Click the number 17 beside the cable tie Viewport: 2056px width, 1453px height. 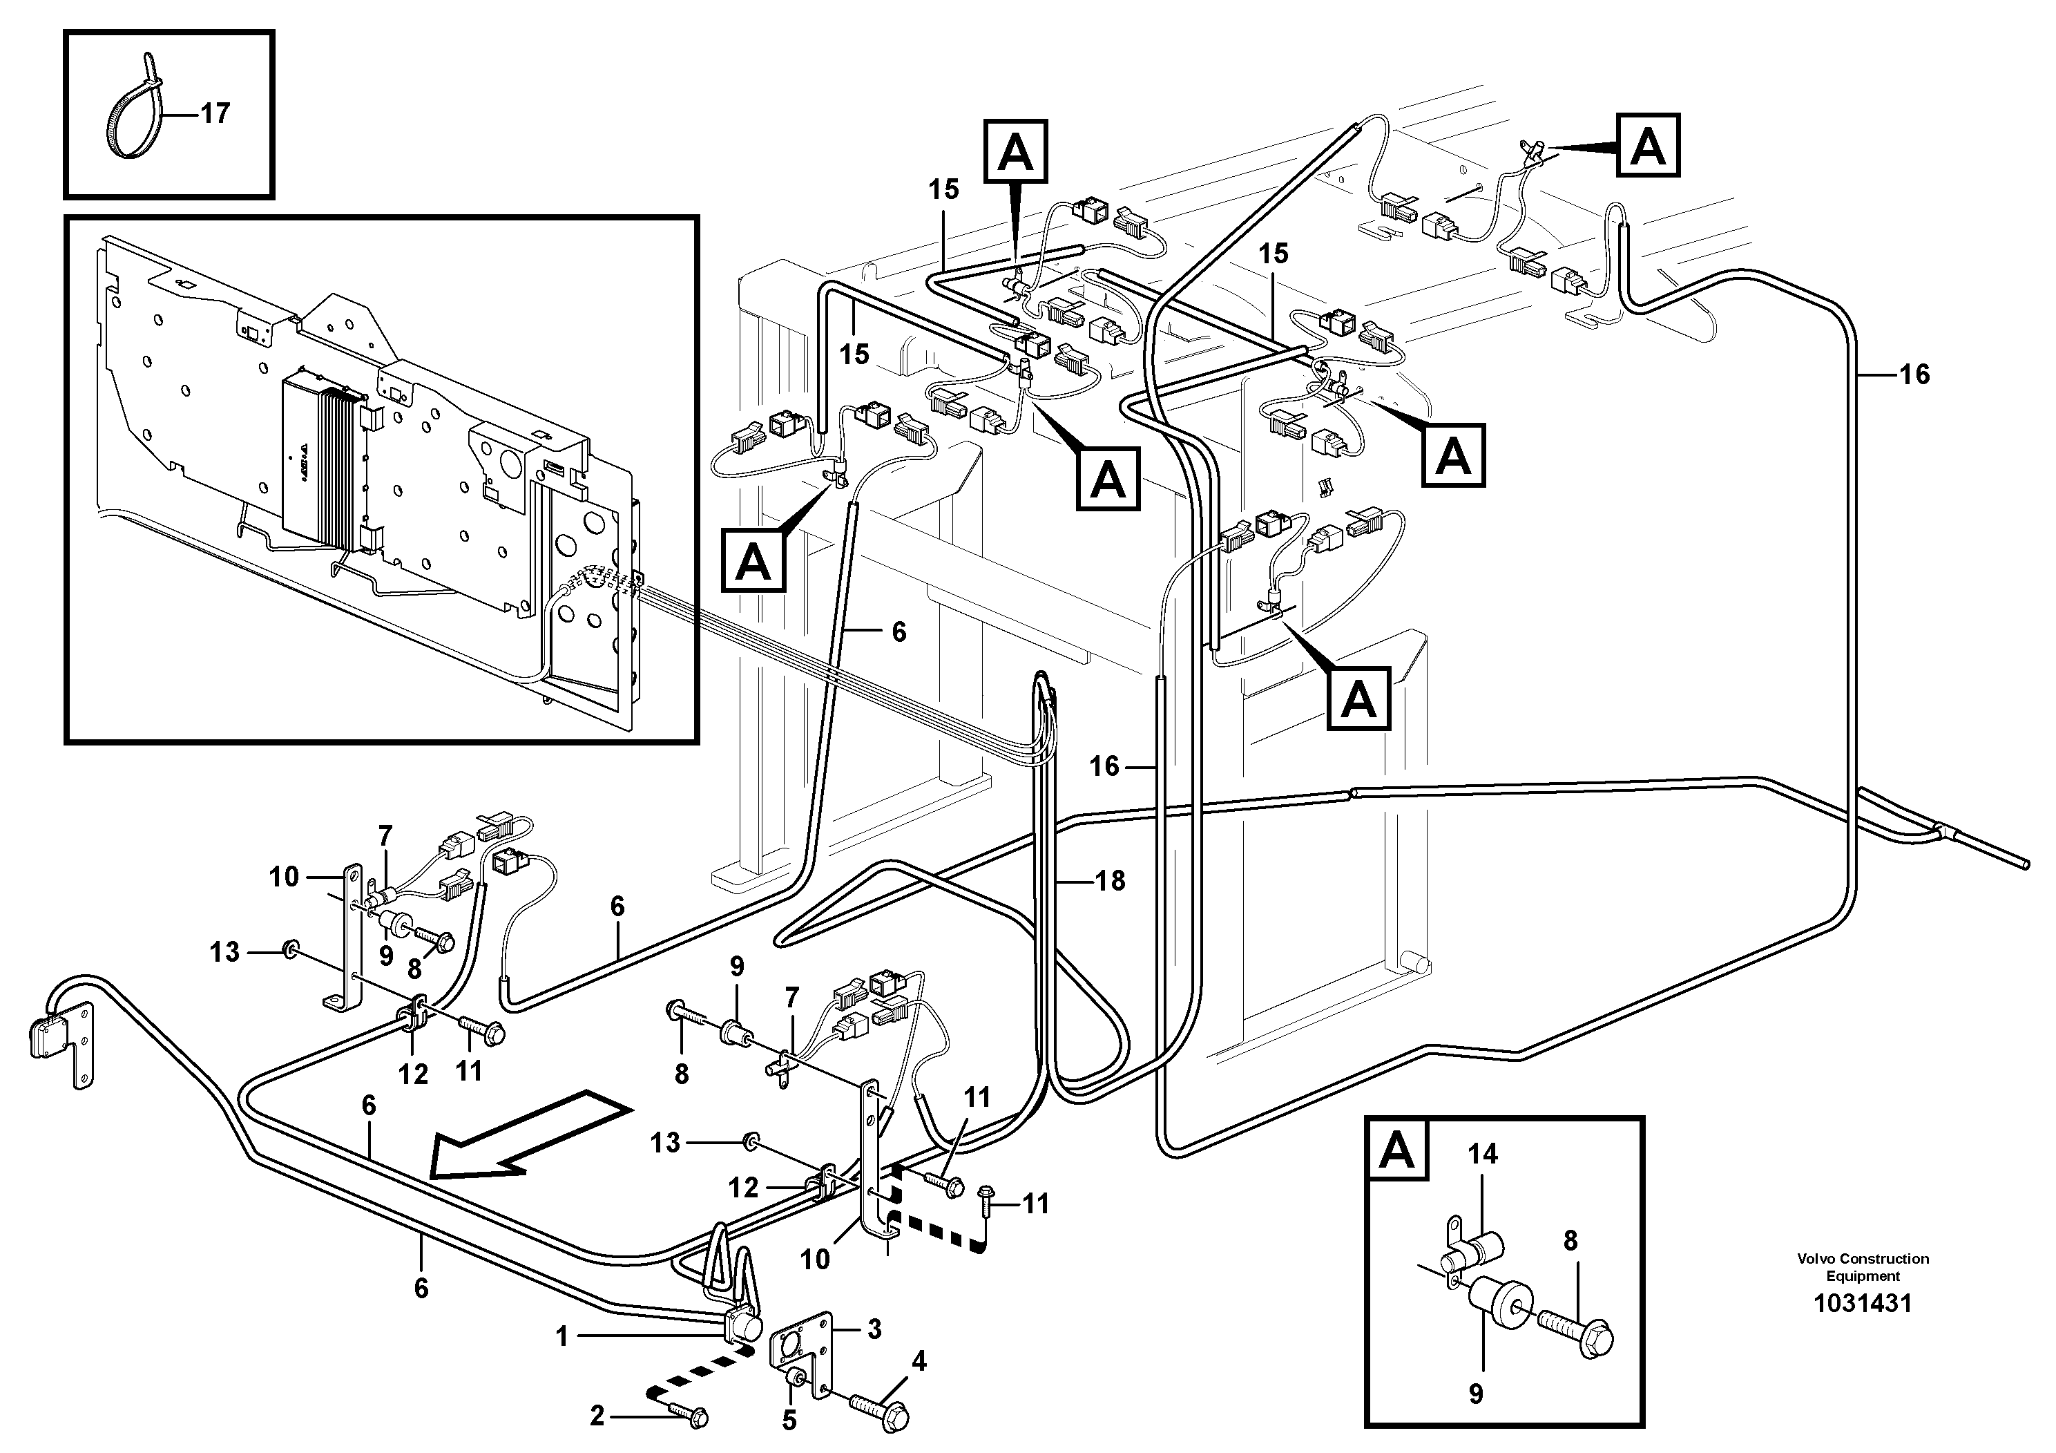tap(214, 114)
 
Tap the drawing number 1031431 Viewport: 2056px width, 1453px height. tap(1862, 1303)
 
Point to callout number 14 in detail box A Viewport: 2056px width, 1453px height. tap(1482, 1154)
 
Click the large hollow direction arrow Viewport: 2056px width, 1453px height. tap(528, 1133)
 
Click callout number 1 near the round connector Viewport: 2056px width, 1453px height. tap(561, 1336)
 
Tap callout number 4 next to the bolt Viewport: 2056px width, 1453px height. tap(918, 1362)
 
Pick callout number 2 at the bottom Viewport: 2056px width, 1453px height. tap(597, 1416)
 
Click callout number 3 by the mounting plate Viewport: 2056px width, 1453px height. tap(874, 1329)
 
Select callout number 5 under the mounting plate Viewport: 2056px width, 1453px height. tap(789, 1421)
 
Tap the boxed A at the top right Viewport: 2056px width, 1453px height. tap(1648, 146)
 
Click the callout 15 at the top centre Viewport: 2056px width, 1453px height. tap(943, 190)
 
